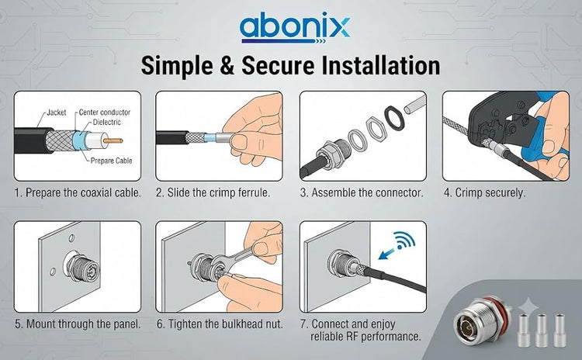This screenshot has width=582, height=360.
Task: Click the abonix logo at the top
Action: tap(295, 29)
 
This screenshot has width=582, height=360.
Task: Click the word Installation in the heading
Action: tap(380, 65)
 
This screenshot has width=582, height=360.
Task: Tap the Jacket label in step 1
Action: tap(57, 112)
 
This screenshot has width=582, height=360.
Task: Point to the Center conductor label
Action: tap(105, 112)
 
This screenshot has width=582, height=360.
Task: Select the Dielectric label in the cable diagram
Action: tap(107, 122)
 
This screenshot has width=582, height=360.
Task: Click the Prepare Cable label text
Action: tap(111, 161)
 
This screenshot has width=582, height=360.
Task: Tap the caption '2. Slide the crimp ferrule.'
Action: tap(213, 193)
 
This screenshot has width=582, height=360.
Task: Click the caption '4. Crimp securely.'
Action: tap(485, 193)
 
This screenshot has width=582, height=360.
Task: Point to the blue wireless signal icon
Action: tap(405, 241)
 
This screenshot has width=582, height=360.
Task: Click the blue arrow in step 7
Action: tap(387, 254)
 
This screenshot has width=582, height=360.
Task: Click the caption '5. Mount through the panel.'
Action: tap(78, 324)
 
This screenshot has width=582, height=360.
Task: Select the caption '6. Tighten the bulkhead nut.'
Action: tap(220, 324)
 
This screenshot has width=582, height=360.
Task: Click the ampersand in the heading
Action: tap(227, 66)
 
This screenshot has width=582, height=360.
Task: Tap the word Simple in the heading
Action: tap(177, 66)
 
